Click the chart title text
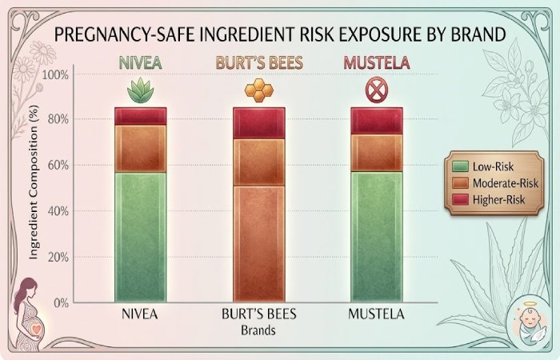pyautogui.click(x=280, y=34)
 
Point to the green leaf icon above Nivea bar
pyautogui.click(x=141, y=92)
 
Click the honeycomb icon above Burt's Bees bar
pyautogui.click(x=258, y=91)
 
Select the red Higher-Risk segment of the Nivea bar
pyautogui.click(x=140, y=116)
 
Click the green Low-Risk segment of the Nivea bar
pyautogui.click(x=140, y=236)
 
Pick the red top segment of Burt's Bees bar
pyautogui.click(x=258, y=122)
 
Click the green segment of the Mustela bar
pyautogui.click(x=377, y=236)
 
